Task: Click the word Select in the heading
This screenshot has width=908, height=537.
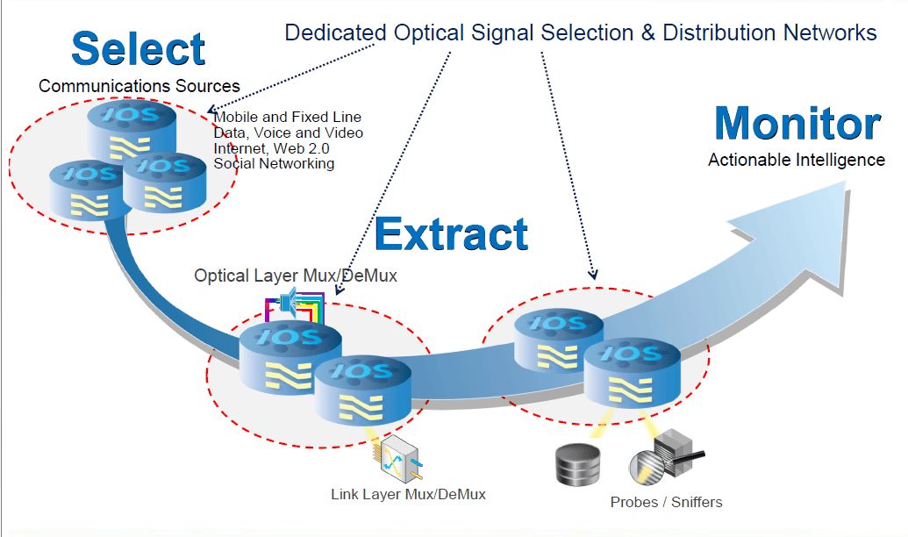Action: click(x=139, y=48)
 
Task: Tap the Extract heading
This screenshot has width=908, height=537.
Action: click(x=451, y=233)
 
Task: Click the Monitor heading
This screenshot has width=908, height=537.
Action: click(x=797, y=124)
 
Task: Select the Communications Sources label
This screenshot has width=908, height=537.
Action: click(x=139, y=86)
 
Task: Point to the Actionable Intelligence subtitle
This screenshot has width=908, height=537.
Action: click(x=797, y=160)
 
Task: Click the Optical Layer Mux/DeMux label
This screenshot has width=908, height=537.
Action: click(x=296, y=276)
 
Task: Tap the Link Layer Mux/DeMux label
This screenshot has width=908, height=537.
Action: click(x=408, y=494)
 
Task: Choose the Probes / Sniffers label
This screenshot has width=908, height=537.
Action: click(x=666, y=502)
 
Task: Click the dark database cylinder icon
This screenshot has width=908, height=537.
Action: click(x=578, y=464)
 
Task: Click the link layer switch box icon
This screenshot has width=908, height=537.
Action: click(x=399, y=458)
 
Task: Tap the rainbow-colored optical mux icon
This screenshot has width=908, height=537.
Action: click(x=295, y=306)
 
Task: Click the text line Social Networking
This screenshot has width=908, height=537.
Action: click(x=274, y=164)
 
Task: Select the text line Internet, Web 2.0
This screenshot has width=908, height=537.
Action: click(x=271, y=148)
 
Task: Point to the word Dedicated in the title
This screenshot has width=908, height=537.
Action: click(x=335, y=32)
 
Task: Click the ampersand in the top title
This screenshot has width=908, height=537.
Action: click(x=647, y=32)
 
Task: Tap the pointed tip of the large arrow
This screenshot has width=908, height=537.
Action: click(x=846, y=182)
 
